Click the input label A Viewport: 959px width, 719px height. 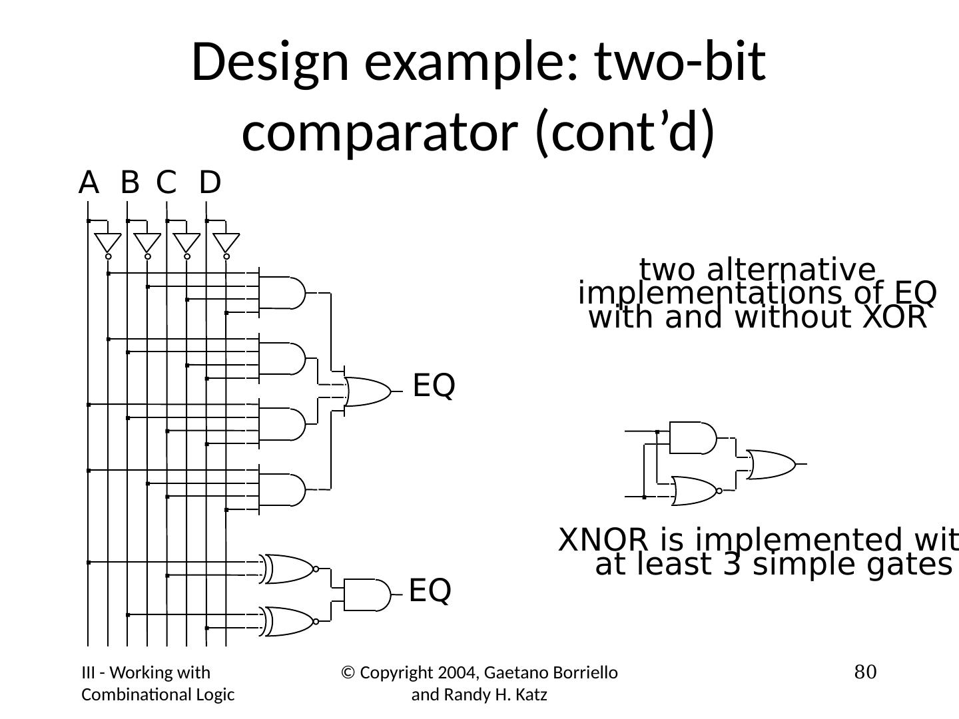click(89, 182)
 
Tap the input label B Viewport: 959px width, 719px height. click(130, 182)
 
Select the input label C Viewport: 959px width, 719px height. click(166, 182)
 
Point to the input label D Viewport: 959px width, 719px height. click(210, 182)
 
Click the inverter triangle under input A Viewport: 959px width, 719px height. click(108, 242)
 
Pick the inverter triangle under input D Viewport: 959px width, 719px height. click(226, 242)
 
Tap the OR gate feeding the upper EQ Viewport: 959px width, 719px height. click(367, 392)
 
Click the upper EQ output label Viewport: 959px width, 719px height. click(434, 386)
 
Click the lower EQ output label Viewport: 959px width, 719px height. click(430, 591)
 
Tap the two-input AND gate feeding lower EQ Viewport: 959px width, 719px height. click(366, 595)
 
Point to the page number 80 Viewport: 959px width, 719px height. click(865, 672)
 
